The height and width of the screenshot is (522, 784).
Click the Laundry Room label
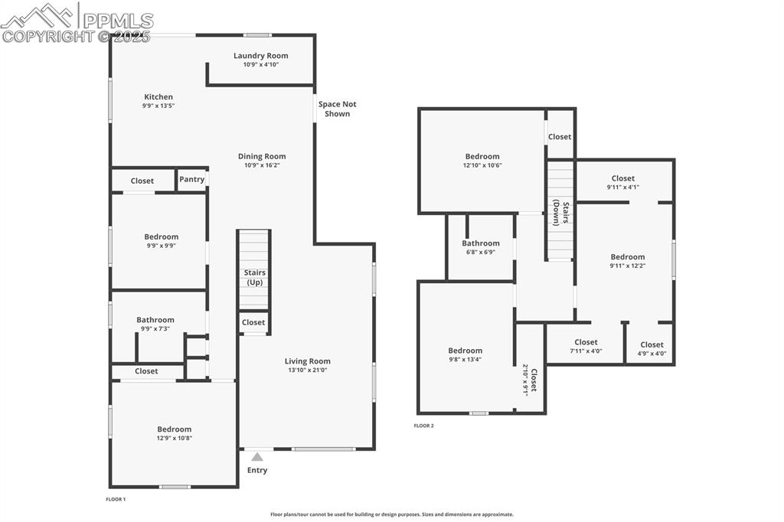(260, 56)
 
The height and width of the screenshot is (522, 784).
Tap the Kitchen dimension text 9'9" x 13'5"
(158, 106)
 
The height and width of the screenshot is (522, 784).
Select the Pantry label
(191, 180)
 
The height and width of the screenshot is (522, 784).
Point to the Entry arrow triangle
(257, 457)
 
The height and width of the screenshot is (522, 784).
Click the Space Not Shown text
(337, 109)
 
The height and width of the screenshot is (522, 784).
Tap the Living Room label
(307, 361)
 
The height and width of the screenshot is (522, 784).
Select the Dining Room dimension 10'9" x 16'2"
(261, 165)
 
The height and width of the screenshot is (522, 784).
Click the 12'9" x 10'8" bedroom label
(174, 429)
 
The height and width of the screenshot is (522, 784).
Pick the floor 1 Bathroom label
(155, 320)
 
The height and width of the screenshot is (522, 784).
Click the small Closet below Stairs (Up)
(253, 323)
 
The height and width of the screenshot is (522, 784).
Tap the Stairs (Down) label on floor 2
(561, 214)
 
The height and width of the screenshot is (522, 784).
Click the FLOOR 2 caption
(423, 426)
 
